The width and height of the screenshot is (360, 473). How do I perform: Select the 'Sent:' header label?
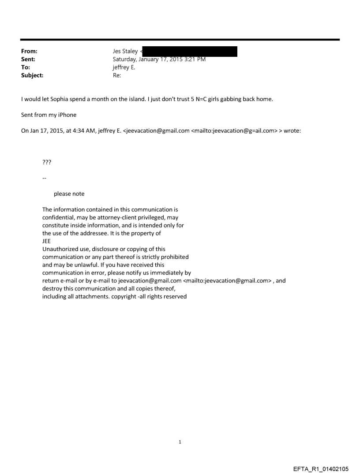(28, 60)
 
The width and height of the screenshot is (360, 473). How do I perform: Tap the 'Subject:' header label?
(31, 75)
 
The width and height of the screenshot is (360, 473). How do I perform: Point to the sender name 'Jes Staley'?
(125, 52)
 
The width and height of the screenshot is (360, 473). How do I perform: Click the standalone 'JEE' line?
(46, 241)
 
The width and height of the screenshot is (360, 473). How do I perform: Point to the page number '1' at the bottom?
(180, 442)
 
